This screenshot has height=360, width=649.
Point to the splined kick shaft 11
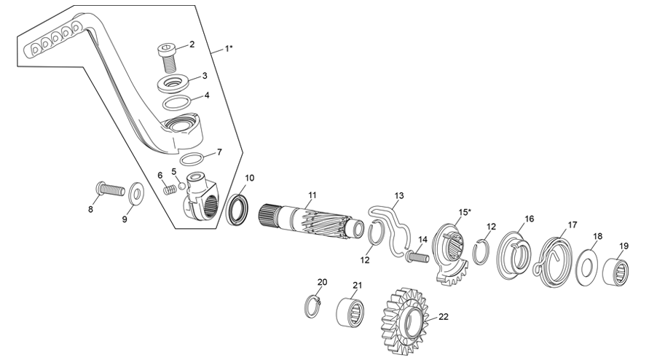pyautogui.click(x=310, y=219)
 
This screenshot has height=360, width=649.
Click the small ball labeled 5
pyautogui.click(x=181, y=185)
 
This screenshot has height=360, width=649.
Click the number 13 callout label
pyautogui.click(x=398, y=196)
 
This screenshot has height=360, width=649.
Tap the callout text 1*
pyautogui.click(x=229, y=49)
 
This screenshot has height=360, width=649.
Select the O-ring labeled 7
pyautogui.click(x=192, y=160)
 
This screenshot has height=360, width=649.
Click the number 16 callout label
pyautogui.click(x=529, y=219)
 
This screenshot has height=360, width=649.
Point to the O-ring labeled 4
pyautogui.click(x=177, y=101)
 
